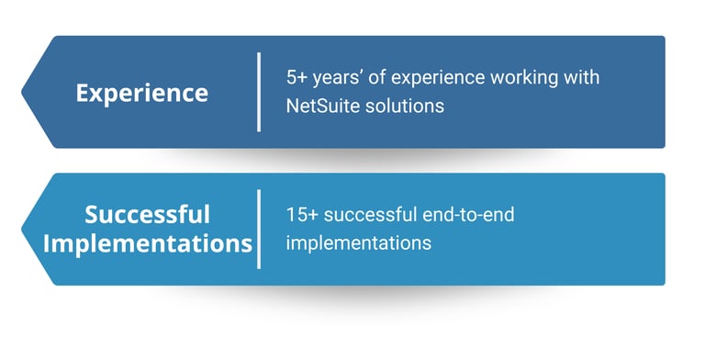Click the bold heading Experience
tap(142, 94)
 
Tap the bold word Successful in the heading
tap(147, 214)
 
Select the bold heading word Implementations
tap(148, 244)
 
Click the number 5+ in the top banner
tap(297, 77)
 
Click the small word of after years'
tap(376, 77)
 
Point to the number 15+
tap(302, 214)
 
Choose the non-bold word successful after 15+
tap(371, 214)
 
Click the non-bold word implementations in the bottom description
tap(359, 243)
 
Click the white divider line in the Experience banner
tap(259, 92)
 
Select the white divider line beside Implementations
tap(259, 229)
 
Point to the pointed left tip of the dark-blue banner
tap(22, 92)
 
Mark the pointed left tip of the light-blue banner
tap(22, 229)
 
